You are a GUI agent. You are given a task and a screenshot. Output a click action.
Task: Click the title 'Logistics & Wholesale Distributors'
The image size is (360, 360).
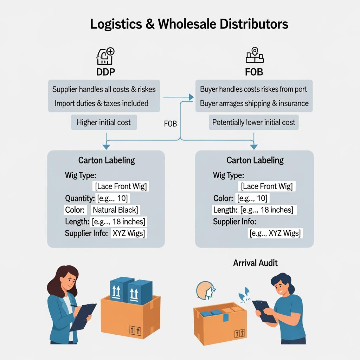tap(189, 24)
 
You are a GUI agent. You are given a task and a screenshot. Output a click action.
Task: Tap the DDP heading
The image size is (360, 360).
tap(105, 72)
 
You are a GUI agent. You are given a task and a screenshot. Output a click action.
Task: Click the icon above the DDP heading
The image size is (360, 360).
tap(105, 56)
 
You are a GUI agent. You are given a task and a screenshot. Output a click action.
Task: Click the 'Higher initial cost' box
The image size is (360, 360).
tap(104, 122)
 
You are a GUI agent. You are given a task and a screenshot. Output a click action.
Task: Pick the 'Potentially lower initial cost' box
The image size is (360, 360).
tap(254, 122)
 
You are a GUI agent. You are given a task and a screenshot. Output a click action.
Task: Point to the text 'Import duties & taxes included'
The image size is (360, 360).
tap(102, 103)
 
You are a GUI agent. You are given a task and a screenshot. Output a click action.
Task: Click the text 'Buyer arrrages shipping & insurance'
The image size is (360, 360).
tap(254, 103)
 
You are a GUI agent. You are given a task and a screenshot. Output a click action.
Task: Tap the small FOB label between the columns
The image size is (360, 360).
tap(170, 124)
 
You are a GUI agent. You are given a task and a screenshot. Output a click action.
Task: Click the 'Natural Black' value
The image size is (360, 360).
tap(115, 210)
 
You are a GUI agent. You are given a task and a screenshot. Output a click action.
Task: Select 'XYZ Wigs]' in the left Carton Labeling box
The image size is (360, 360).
tap(129, 233)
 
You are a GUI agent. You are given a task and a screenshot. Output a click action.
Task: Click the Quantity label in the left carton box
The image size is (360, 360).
tap(80, 198)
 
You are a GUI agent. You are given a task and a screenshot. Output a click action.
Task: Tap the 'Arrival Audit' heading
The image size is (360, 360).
tap(255, 263)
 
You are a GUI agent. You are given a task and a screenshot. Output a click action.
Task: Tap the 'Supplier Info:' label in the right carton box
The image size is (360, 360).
tap(234, 222)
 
